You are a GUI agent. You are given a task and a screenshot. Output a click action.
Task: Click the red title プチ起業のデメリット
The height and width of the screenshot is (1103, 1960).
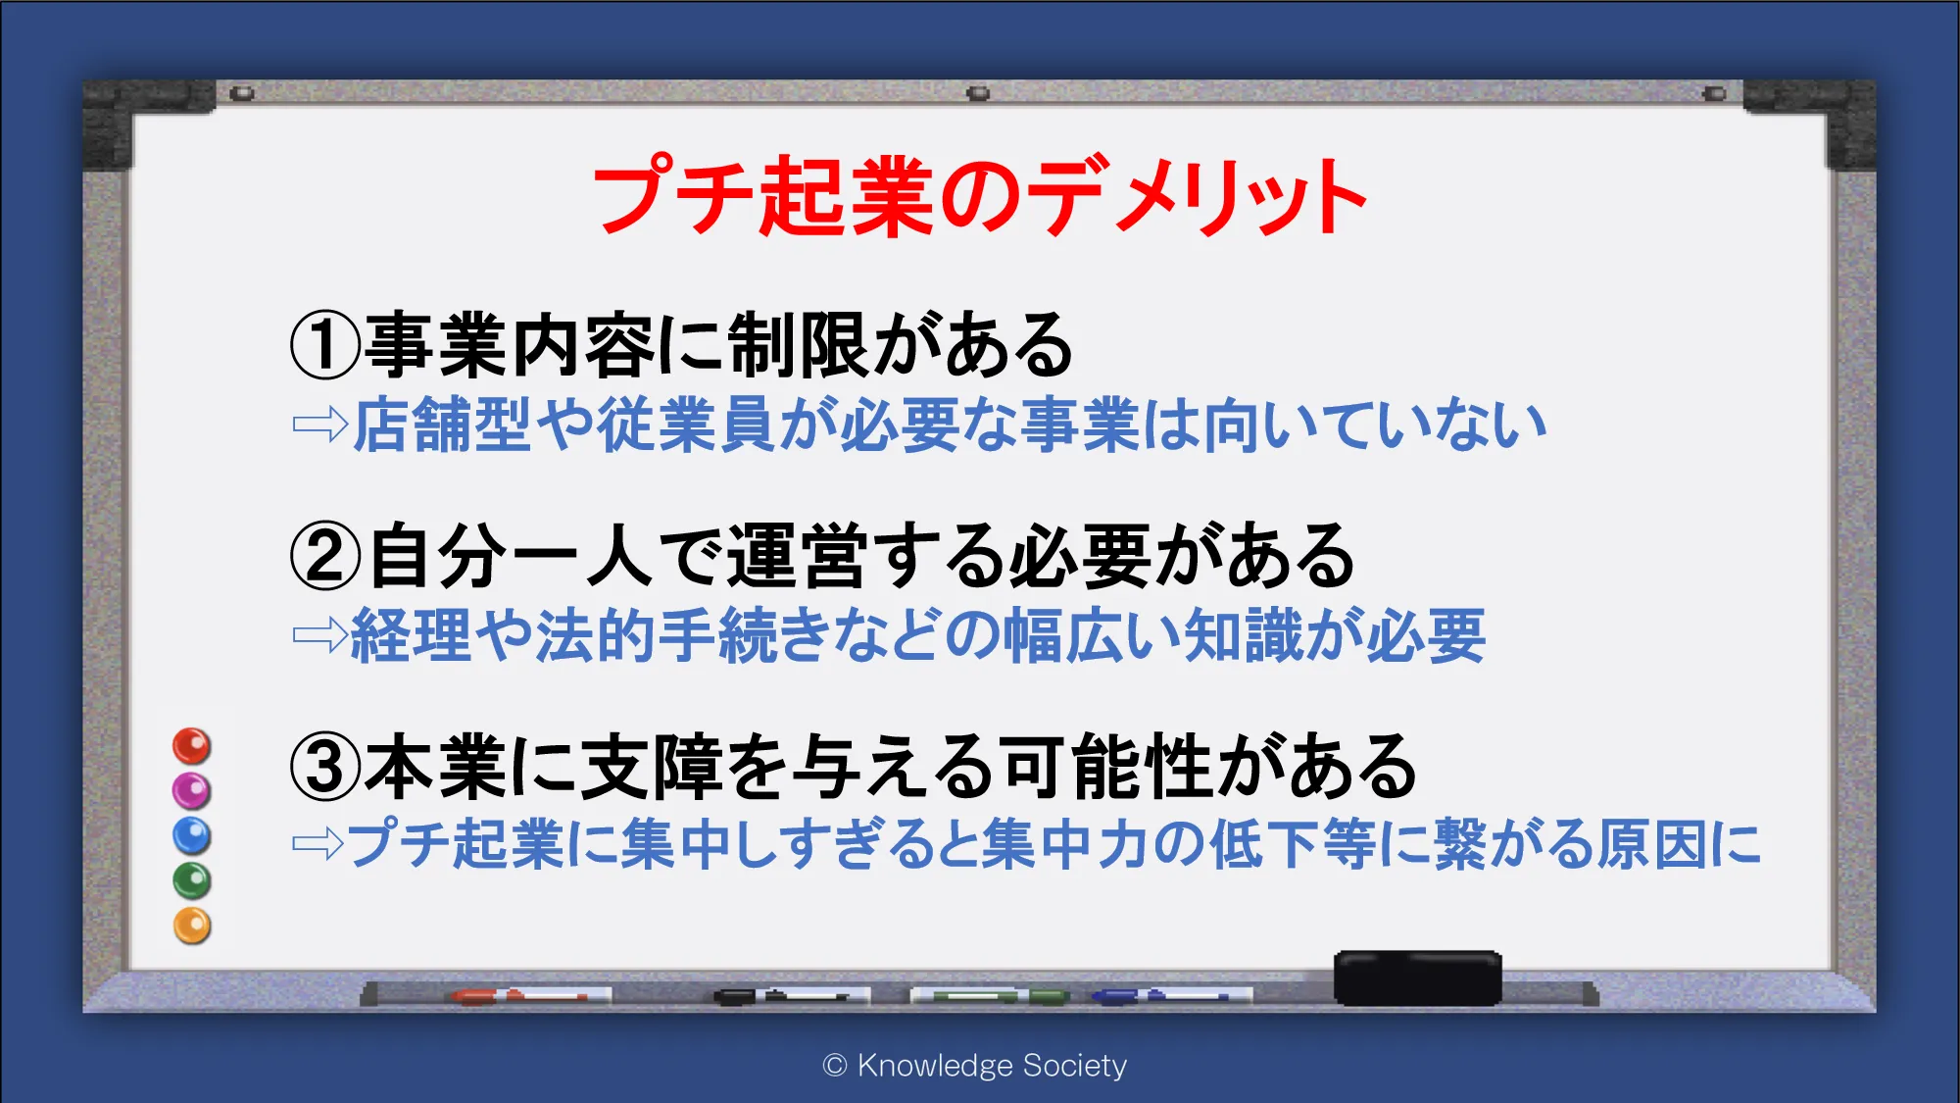coord(980,196)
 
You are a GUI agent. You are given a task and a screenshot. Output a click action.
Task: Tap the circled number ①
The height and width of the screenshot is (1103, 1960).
coord(326,345)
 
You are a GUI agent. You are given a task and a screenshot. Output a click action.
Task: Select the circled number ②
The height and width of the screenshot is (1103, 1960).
coord(326,556)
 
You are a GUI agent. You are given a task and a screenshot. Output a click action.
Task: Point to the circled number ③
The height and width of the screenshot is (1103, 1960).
coord(326,767)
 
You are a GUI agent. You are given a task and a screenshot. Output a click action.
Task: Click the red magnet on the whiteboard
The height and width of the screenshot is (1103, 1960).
coord(192,746)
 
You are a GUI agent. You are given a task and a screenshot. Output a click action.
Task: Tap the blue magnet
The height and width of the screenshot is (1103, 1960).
coord(192,836)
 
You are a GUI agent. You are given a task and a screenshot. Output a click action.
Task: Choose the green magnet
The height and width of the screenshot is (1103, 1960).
coord(192,881)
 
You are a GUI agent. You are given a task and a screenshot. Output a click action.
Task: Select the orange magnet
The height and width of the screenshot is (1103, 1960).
coord(192,927)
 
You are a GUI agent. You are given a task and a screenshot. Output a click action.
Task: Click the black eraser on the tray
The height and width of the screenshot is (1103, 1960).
coord(1418,978)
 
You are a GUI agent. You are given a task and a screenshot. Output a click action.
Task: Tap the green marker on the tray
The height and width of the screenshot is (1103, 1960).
coord(990,996)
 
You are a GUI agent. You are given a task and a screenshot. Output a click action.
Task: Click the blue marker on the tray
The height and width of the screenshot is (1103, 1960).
coord(1171,996)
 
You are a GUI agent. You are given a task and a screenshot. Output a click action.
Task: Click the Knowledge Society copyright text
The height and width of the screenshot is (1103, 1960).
coord(975,1066)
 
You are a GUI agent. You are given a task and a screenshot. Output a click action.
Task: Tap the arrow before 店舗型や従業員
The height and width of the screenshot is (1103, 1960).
coord(320,425)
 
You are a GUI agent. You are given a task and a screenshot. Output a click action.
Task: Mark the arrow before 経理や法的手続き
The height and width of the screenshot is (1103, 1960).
coord(320,635)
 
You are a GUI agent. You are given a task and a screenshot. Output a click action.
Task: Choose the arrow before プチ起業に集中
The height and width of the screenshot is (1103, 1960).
coord(318,843)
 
